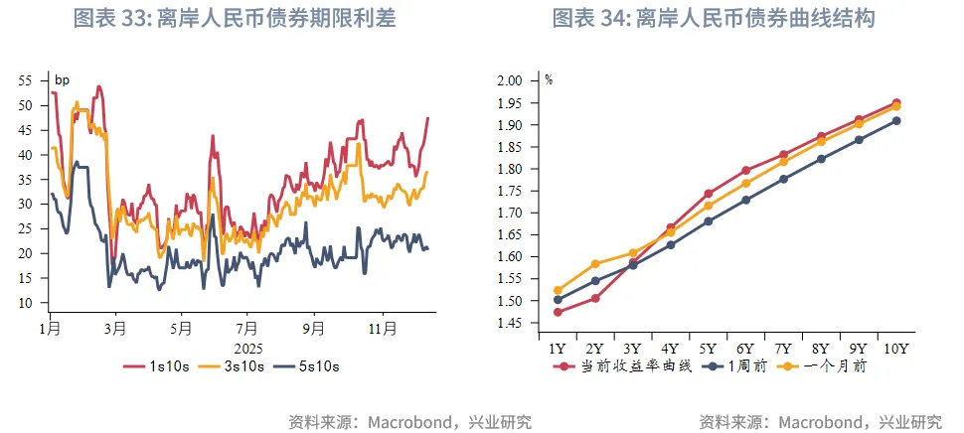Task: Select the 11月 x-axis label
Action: [383, 326]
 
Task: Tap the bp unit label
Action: [62, 80]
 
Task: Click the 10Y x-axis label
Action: [896, 348]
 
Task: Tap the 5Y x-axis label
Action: [708, 348]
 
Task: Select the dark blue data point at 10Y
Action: [896, 121]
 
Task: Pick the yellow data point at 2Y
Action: [594, 264]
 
